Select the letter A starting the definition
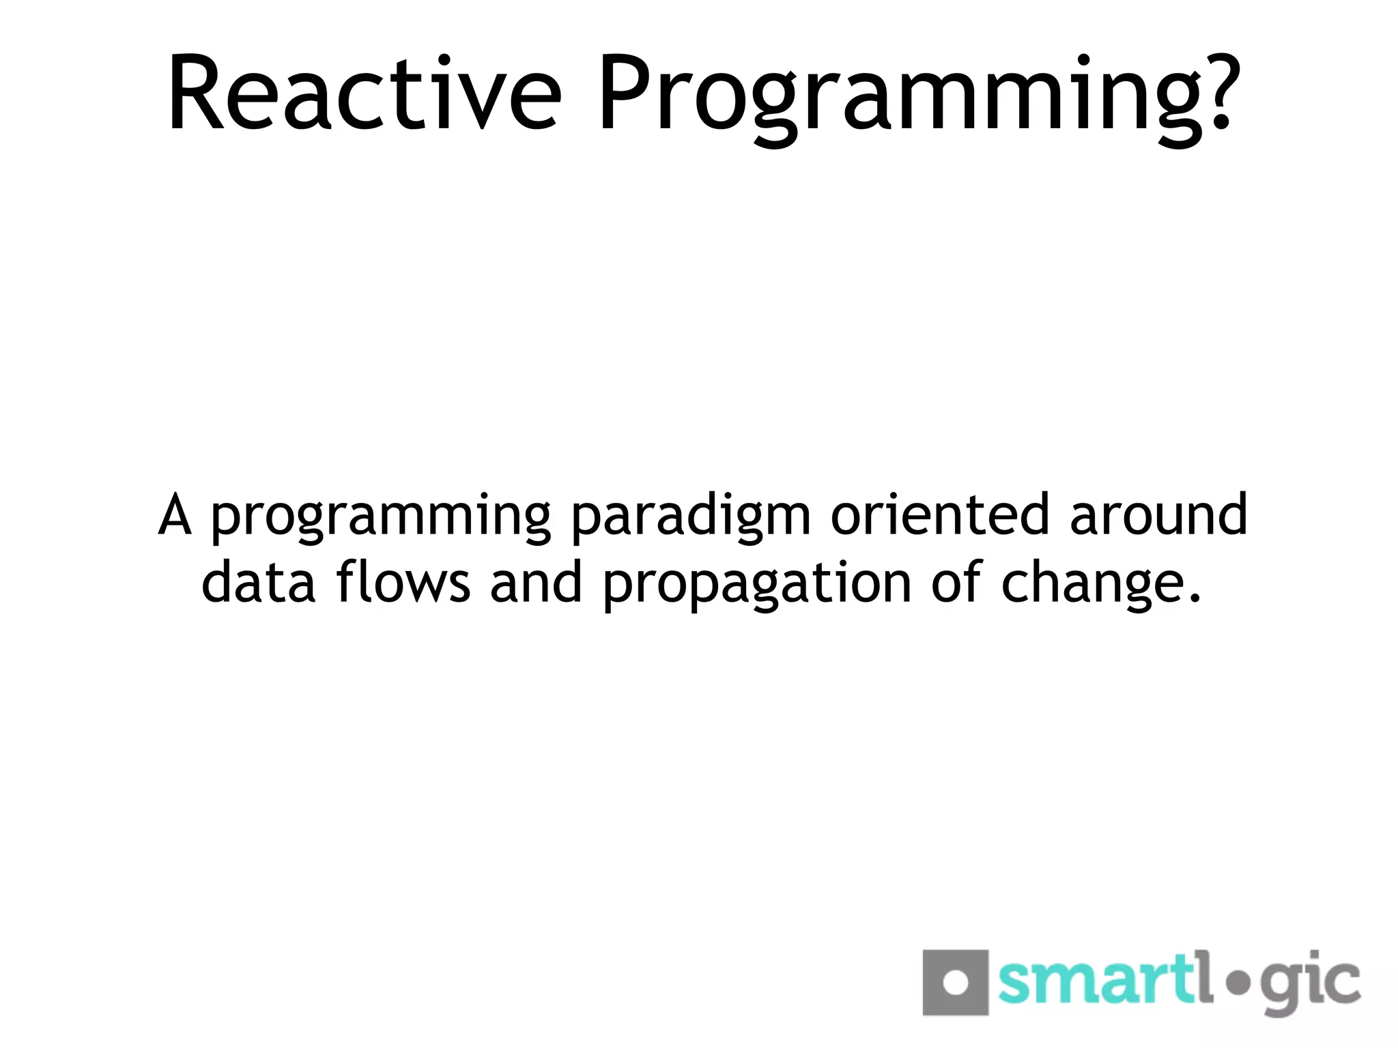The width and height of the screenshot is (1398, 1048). (x=175, y=515)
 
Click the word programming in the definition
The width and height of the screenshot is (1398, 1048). (x=380, y=519)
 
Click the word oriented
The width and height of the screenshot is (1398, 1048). (x=939, y=515)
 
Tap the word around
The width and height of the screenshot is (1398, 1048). (x=1158, y=515)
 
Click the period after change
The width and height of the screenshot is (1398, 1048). (x=1194, y=600)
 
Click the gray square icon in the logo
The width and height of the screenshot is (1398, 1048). (x=955, y=982)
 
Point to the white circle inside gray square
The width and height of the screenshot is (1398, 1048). (x=955, y=982)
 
